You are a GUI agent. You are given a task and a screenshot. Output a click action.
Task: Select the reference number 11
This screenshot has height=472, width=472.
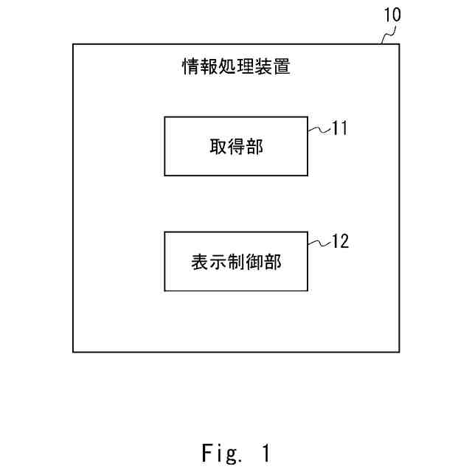click(x=339, y=128)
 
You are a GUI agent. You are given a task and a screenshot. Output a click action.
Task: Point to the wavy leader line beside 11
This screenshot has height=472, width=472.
click(x=318, y=129)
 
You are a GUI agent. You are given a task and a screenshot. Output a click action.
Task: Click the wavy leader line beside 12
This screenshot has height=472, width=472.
click(x=318, y=242)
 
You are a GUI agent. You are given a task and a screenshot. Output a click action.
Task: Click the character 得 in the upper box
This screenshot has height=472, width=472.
click(x=236, y=147)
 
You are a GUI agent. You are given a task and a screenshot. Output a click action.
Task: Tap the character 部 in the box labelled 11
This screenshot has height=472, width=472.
click(x=254, y=147)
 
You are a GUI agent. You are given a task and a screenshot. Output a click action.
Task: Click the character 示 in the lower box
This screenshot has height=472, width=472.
click(x=218, y=262)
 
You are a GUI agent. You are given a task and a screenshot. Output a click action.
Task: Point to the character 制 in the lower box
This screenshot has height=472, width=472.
click(x=236, y=262)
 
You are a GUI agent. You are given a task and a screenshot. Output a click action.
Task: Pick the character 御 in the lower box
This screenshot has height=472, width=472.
click(x=254, y=262)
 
